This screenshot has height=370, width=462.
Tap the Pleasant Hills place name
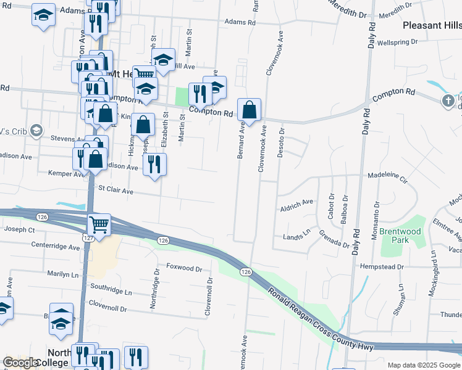click(431, 25)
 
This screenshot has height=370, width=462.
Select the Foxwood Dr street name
click(184, 269)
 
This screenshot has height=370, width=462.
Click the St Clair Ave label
click(115, 191)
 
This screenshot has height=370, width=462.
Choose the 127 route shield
click(88, 237)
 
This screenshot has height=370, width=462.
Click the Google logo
click(22, 363)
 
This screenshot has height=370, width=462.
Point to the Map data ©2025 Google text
click(423, 365)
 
